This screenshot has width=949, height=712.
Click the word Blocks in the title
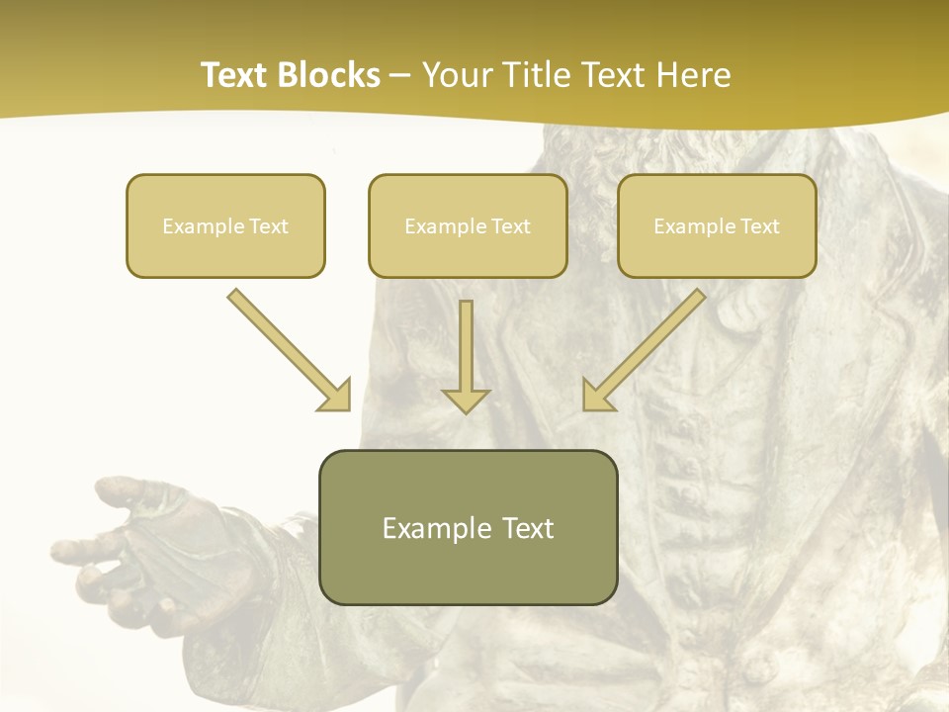point(329,75)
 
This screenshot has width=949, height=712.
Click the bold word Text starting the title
point(237,75)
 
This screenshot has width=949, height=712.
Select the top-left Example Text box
point(225,226)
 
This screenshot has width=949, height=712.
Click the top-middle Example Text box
point(468,226)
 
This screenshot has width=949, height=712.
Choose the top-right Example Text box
point(717,226)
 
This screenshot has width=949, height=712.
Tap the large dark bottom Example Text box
point(468,528)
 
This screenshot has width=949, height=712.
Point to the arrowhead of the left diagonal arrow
point(336,396)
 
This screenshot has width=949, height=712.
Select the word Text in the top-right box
point(760,226)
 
